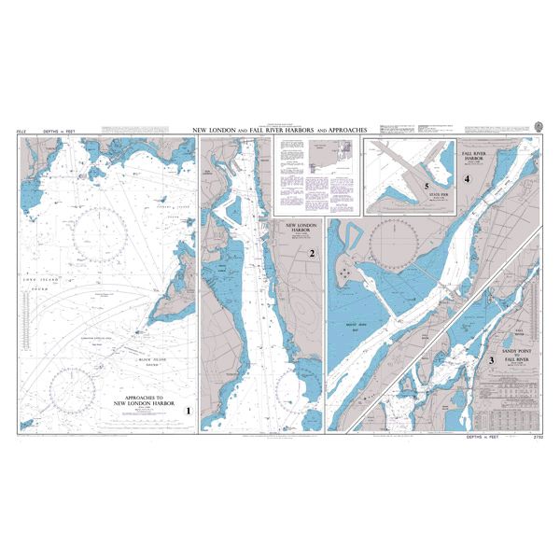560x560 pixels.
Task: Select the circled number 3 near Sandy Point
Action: (x=491, y=359)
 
